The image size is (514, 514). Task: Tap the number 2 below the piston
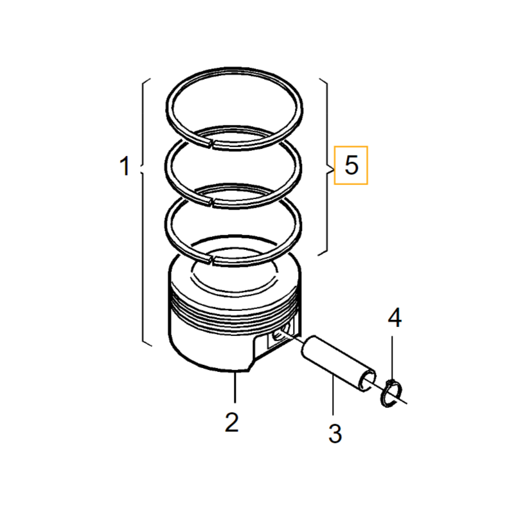pos(232,422)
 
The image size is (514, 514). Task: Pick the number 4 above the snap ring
pos(395,318)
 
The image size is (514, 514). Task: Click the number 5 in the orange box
pos(351,166)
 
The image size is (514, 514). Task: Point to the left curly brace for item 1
pos(145,212)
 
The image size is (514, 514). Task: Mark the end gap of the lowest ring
pos(212,260)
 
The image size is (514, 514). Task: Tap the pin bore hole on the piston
pos(278,335)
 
